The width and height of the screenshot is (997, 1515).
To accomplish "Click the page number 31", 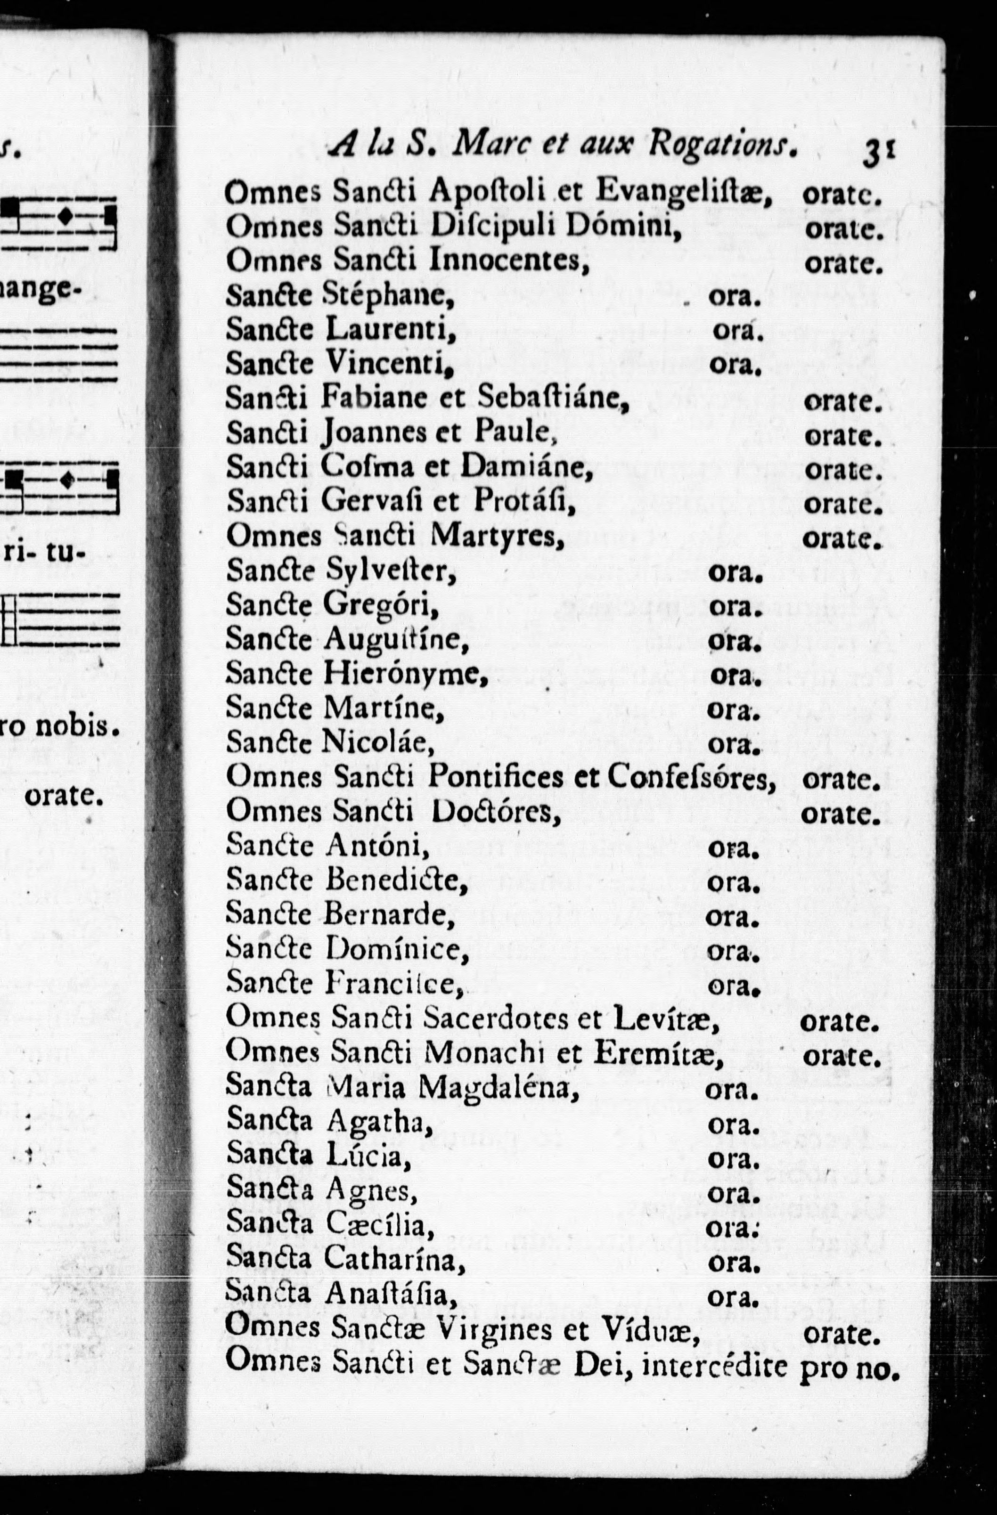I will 879,153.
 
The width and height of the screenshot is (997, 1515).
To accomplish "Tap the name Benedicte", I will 396,880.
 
